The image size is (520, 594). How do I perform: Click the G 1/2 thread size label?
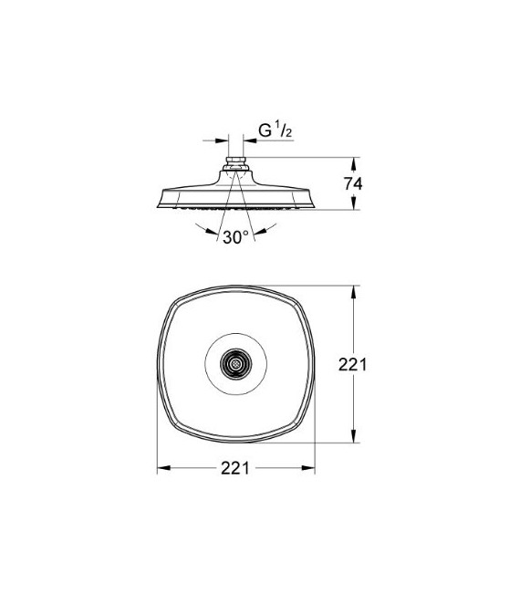click(273, 130)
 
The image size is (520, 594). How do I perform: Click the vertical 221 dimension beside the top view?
click(352, 365)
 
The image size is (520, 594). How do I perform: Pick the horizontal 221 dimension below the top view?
click(235, 468)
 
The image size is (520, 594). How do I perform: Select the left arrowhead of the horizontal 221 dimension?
click(163, 468)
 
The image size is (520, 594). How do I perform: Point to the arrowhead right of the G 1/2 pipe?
click(248, 141)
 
